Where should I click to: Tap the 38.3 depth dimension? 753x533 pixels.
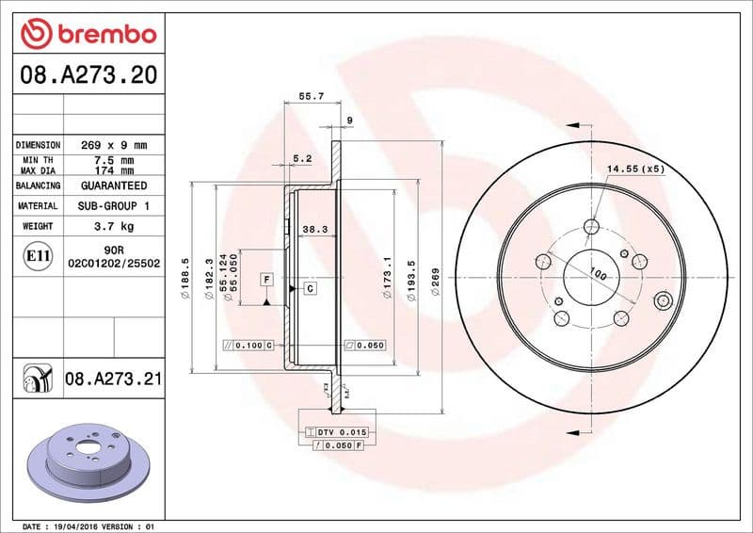click(x=313, y=229)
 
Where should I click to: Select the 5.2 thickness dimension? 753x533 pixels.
click(x=302, y=159)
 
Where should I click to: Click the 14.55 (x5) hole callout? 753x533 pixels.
click(x=635, y=169)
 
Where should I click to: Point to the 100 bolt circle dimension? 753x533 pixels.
click(x=596, y=273)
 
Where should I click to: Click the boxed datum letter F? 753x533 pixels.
click(x=267, y=281)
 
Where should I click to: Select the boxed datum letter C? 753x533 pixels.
click(x=309, y=288)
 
